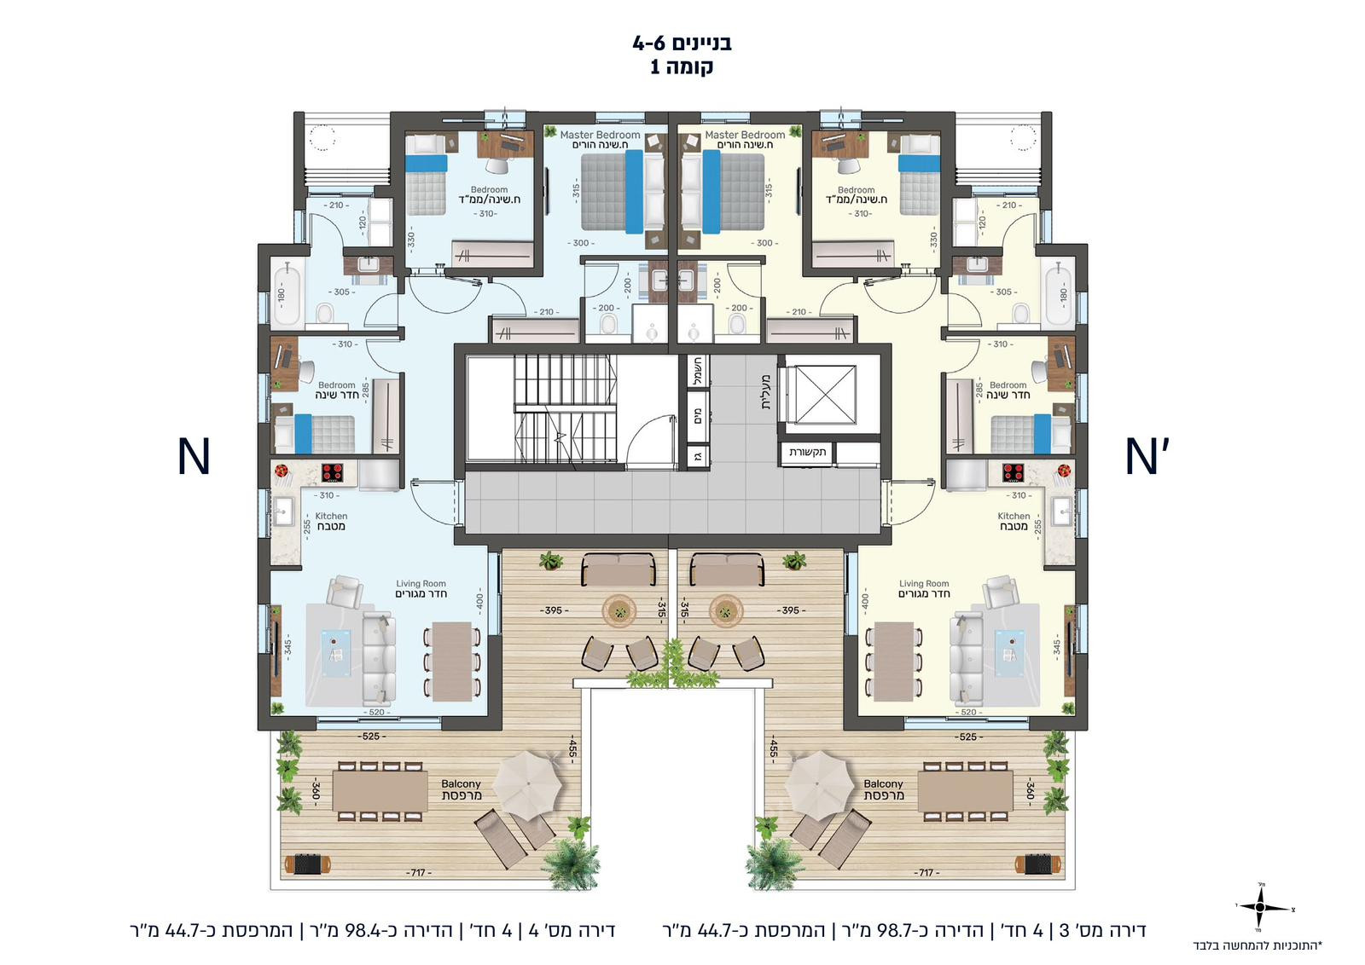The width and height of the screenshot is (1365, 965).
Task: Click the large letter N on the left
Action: (x=194, y=457)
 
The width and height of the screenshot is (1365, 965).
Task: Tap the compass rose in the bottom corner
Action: (x=1259, y=907)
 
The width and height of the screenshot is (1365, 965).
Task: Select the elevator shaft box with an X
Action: (x=821, y=394)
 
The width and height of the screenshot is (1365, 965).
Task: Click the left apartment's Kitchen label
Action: (x=331, y=521)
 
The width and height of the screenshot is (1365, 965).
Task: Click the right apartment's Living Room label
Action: (x=924, y=589)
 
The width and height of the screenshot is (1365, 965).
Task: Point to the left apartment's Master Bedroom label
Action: (x=601, y=139)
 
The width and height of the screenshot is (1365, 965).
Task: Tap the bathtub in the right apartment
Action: (x=1059, y=294)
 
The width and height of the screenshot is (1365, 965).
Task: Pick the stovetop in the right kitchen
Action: (x=1014, y=472)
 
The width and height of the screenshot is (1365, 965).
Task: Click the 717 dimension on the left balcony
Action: (x=418, y=873)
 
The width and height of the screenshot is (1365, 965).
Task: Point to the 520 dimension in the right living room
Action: (x=967, y=712)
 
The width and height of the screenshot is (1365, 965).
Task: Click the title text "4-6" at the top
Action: (x=648, y=43)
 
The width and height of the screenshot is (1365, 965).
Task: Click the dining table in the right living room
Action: (x=893, y=661)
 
